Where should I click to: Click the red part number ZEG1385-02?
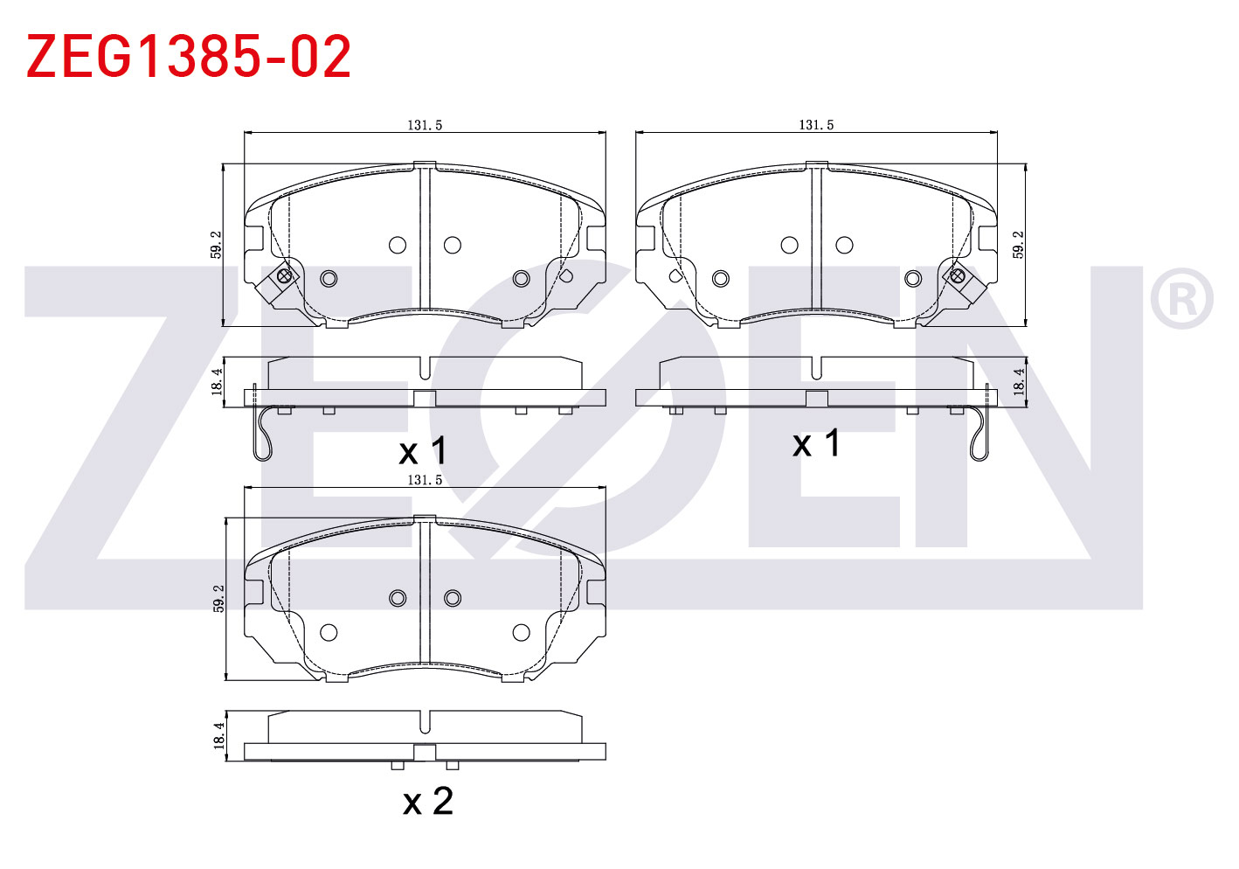point(188,55)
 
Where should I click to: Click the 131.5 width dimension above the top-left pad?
point(425,125)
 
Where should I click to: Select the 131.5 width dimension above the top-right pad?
point(816,125)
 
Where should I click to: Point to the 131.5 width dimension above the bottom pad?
point(425,480)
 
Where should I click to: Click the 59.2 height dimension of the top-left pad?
point(217,245)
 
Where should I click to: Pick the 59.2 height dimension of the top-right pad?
point(1018,245)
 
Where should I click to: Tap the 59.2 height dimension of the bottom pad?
point(219,599)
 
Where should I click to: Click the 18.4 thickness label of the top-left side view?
point(217,382)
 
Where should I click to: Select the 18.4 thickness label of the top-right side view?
point(1018,382)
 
